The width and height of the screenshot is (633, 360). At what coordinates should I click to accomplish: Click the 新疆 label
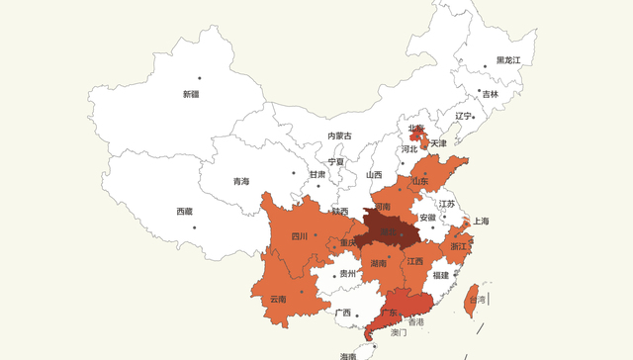pos(190,94)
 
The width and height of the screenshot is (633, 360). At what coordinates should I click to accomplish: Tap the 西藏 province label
pos(185,211)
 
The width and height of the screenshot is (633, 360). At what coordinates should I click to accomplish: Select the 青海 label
pos(241,181)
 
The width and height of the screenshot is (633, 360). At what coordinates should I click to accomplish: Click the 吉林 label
pos(491,94)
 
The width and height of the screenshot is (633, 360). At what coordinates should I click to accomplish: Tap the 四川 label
pos(300,236)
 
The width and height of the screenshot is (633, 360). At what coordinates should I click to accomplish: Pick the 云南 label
pos(277,298)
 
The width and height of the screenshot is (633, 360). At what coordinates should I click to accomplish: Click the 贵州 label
pos(347,274)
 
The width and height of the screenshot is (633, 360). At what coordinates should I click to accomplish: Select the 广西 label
pos(343,313)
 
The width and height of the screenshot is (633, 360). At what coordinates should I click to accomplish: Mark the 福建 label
pos(441,275)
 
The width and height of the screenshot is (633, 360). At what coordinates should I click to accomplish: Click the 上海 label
pos(482,221)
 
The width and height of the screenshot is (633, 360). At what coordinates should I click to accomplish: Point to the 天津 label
pos(438,143)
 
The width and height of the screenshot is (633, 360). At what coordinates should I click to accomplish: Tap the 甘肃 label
pos(316,174)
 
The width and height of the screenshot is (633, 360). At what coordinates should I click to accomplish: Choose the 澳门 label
pos(399,333)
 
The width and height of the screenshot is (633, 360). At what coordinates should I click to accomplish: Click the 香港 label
pos(415,322)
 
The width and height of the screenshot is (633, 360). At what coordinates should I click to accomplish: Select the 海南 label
pos(348,355)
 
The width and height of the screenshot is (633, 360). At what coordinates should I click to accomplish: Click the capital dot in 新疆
pos(199,78)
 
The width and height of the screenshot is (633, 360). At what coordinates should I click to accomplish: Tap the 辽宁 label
pos(464,116)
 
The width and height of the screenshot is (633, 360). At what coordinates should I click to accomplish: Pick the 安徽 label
pos(427,217)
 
